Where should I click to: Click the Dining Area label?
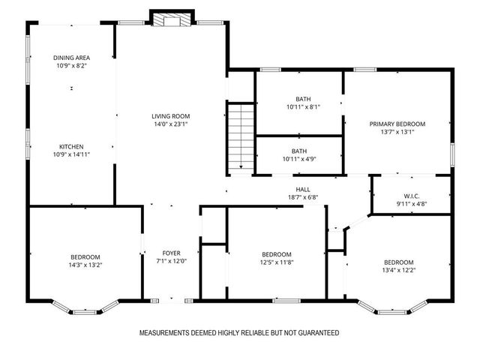(72, 58)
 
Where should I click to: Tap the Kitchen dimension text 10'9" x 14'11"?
(72, 155)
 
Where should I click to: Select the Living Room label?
(171, 116)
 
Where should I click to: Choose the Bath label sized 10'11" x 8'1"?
(303, 98)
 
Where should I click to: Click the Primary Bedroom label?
(397, 124)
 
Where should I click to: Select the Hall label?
(303, 189)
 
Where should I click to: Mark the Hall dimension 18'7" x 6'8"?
(303, 198)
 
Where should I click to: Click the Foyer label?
(171, 253)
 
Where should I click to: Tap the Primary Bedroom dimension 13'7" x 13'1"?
(397, 132)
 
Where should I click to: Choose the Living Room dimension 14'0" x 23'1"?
(171, 124)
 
